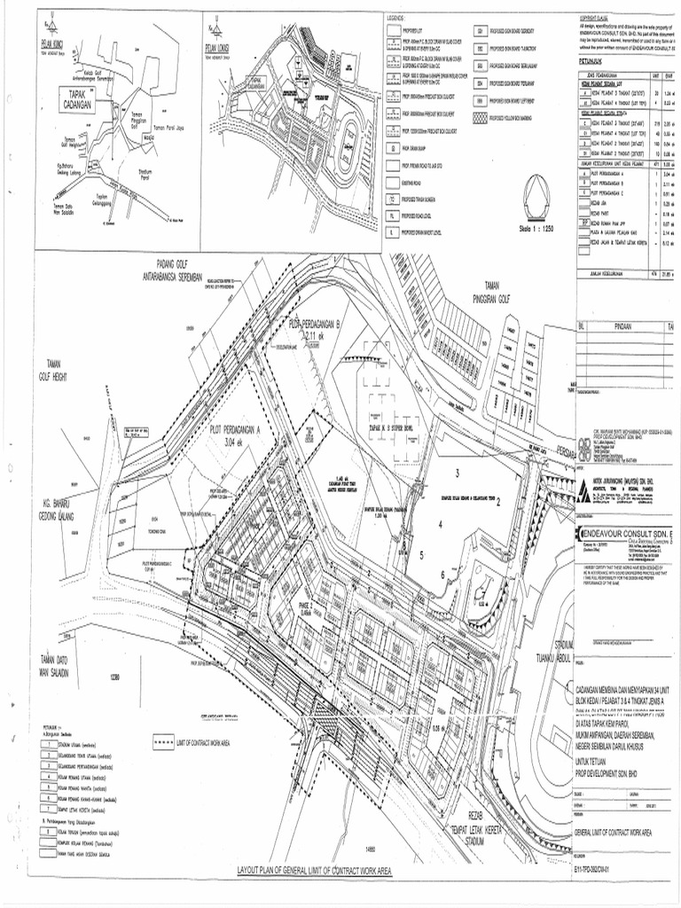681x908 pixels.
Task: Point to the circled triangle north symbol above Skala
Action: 536,192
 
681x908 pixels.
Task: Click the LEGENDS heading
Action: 396,19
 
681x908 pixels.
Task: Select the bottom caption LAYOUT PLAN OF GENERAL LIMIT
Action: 314,872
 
